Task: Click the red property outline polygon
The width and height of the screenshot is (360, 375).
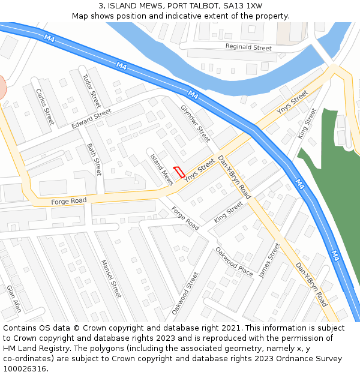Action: click(x=179, y=171)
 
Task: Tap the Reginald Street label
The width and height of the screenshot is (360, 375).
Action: click(x=248, y=47)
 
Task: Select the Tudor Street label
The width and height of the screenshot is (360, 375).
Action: click(x=92, y=87)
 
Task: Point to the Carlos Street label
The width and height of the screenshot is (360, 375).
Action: click(x=45, y=106)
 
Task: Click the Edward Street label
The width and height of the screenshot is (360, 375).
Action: click(x=91, y=118)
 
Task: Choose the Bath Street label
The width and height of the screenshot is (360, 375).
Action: click(x=94, y=158)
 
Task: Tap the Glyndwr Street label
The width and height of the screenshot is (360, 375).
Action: click(x=196, y=124)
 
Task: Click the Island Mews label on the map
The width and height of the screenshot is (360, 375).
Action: click(x=161, y=169)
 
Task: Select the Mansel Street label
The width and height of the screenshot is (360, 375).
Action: click(x=111, y=278)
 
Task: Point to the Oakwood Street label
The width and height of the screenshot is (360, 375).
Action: click(x=185, y=293)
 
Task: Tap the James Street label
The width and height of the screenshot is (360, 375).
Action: click(x=269, y=260)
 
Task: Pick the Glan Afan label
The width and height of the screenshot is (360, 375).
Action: click(x=14, y=298)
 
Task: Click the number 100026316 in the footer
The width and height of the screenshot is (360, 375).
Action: click(x=25, y=368)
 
